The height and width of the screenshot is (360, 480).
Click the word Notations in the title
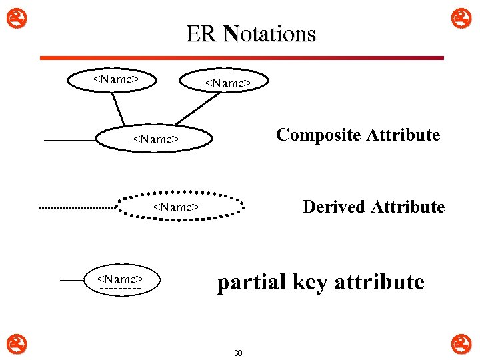[270, 33]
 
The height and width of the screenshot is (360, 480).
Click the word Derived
[334, 207]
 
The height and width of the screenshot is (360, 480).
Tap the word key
[311, 283]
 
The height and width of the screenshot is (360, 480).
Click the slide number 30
[238, 353]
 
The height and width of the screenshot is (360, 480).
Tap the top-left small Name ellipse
[115, 79]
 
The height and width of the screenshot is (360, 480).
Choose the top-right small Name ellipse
[227, 83]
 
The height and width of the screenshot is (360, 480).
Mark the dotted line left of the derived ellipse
[77, 209]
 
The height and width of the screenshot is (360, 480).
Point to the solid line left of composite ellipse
[70, 141]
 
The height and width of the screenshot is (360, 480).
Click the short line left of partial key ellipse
[71, 281]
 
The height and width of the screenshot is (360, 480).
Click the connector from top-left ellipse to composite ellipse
[117, 108]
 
